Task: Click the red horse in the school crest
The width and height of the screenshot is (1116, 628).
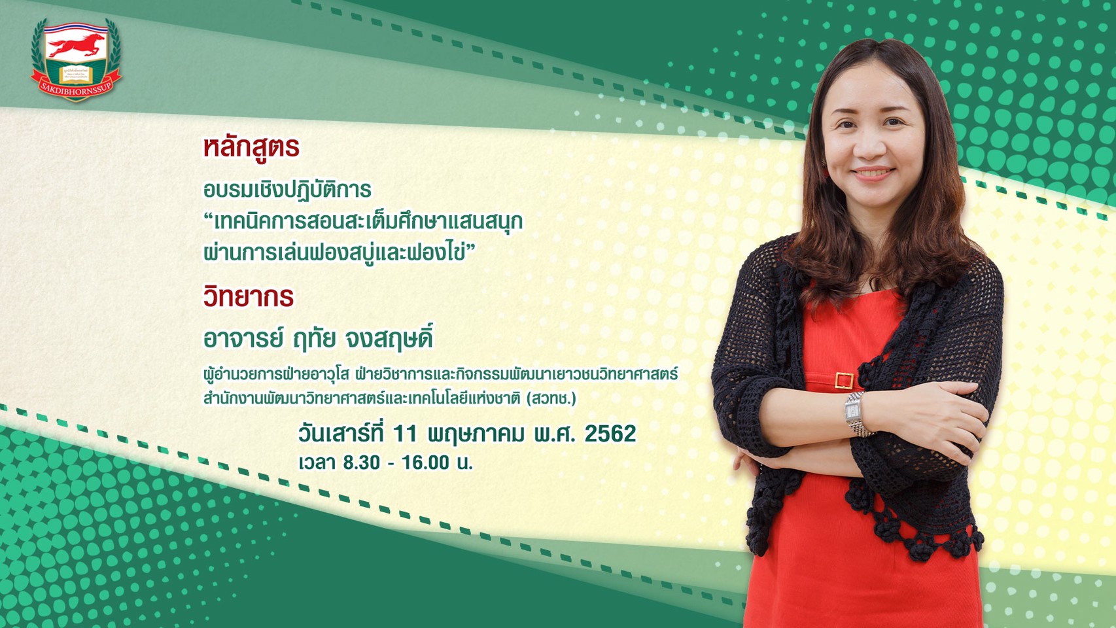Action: click(77, 46)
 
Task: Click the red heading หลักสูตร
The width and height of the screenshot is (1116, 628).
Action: click(251, 148)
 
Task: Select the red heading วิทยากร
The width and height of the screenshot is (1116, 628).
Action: click(248, 296)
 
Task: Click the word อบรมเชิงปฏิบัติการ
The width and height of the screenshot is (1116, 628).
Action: click(287, 190)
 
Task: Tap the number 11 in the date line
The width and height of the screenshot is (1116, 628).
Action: click(404, 434)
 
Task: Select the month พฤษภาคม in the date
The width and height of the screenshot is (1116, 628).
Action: click(476, 434)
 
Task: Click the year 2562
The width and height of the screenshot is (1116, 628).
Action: click(610, 434)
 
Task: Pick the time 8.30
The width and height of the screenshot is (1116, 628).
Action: click(361, 463)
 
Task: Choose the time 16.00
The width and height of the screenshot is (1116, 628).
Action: click(425, 463)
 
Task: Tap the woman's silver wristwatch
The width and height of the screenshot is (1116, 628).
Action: click(856, 413)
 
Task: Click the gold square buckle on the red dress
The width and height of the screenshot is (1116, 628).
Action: click(844, 381)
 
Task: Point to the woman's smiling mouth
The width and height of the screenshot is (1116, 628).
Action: click(873, 173)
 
